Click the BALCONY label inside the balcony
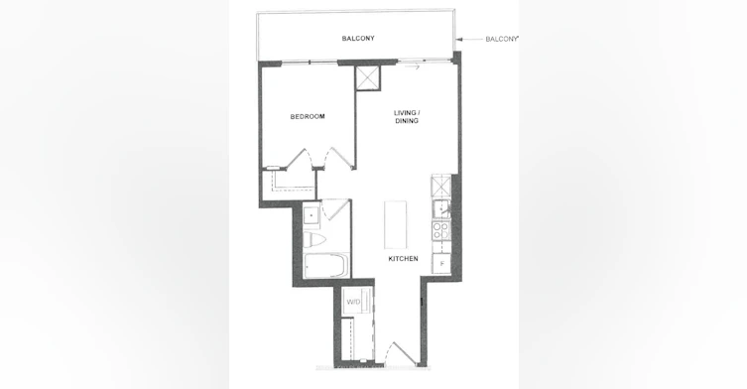[x=358, y=38]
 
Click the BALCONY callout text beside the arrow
[x=501, y=39]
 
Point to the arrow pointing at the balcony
[x=469, y=40]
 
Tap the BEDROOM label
[x=308, y=116]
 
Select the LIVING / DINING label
[x=407, y=117]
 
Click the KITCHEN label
[x=403, y=258]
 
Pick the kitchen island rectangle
[x=396, y=224]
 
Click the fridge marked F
[x=441, y=264]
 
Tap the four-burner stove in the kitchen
[x=441, y=231]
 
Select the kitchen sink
[x=441, y=209]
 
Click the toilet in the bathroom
[x=313, y=239]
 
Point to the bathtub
[x=326, y=266]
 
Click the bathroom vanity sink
[x=311, y=215]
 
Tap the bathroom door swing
[x=335, y=209]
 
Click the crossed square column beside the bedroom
[x=368, y=78]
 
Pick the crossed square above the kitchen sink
[x=440, y=187]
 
